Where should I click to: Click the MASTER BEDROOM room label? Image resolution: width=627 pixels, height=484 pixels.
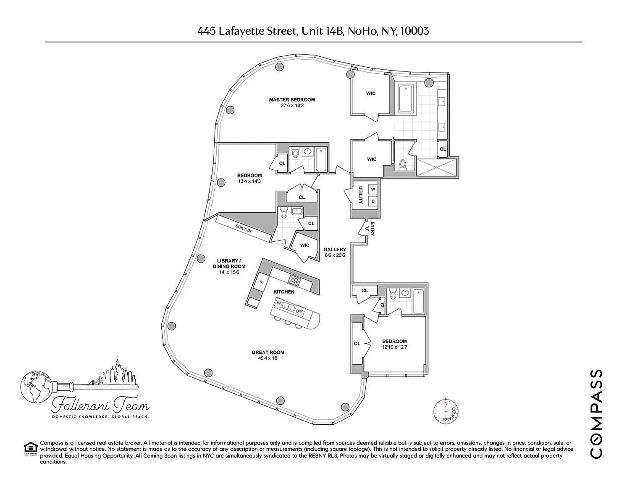pos(292,100)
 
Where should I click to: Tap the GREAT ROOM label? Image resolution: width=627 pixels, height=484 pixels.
pos(268,352)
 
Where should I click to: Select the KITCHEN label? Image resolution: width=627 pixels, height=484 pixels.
pos(284,292)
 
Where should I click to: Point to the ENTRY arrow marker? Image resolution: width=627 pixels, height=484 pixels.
pos(367,229)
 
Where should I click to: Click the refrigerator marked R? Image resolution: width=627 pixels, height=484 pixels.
pos(261,282)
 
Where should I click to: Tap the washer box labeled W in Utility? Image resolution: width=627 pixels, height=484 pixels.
pos(373,189)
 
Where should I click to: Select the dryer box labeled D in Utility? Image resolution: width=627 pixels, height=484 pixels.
pos(373,202)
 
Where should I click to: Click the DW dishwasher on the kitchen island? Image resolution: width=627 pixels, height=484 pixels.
pos(299,311)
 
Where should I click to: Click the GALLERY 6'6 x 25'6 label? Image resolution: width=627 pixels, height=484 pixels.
pos(335,252)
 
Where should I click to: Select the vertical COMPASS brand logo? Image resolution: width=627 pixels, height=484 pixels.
pos(597,414)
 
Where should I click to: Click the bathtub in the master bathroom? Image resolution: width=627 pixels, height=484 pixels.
pos(405,99)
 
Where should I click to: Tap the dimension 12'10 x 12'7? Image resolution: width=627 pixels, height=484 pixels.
pos(394,347)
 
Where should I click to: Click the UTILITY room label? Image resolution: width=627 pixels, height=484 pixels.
pos(360,195)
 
